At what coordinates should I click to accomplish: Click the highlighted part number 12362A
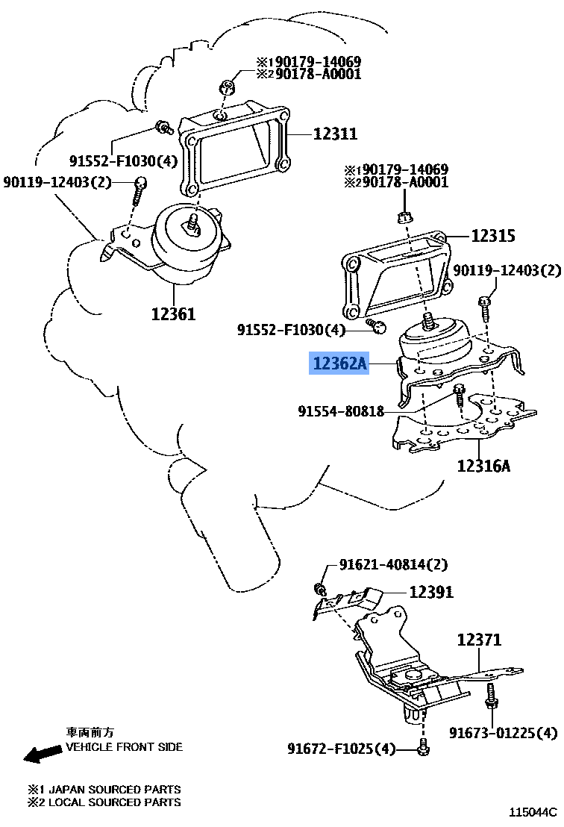tap(340, 364)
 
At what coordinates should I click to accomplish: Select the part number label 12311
tap(335, 134)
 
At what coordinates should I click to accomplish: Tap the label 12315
tap(492, 236)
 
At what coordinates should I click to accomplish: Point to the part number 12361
tap(172, 314)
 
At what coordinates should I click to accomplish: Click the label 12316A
tap(484, 467)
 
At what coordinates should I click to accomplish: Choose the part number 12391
tap(430, 592)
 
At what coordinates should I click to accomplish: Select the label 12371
tap(479, 640)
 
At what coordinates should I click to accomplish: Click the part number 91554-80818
tap(341, 411)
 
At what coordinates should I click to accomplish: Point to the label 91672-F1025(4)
tap(342, 748)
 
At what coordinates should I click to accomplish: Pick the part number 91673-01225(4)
tap(504, 733)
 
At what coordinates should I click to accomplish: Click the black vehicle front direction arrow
tap(42, 754)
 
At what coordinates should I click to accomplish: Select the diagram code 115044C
tap(533, 811)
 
